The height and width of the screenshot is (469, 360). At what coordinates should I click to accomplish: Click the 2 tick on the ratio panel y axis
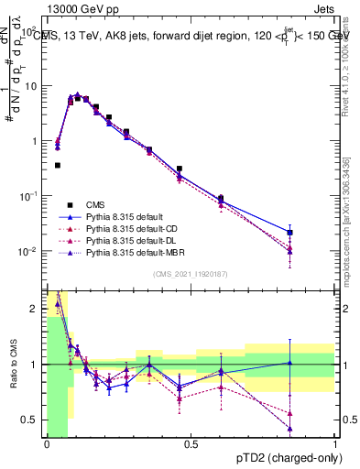(x=37, y=309)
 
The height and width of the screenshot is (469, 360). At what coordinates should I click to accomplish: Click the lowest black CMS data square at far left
(x=57, y=165)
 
